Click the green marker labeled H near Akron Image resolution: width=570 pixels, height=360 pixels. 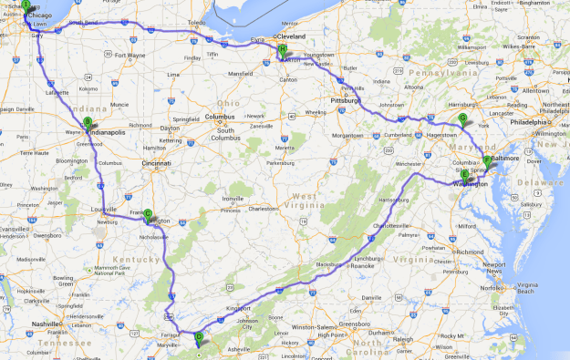tap(283, 50)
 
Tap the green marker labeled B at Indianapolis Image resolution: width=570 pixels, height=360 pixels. tap(88, 121)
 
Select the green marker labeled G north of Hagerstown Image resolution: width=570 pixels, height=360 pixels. tap(462, 118)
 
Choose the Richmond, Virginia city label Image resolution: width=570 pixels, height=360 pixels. tap(469, 251)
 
